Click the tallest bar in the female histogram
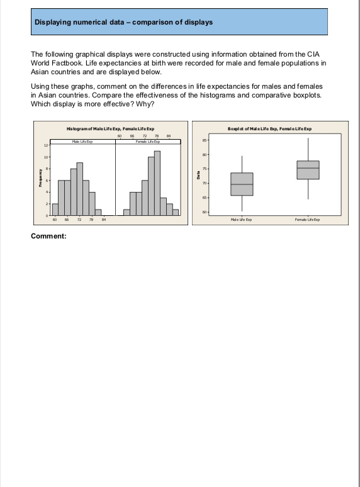[157, 184]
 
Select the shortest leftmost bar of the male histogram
[55, 210]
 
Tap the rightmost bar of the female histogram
[176, 212]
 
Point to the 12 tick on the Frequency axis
[45, 145]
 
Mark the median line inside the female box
[308, 168]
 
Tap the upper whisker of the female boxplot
[308, 149]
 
